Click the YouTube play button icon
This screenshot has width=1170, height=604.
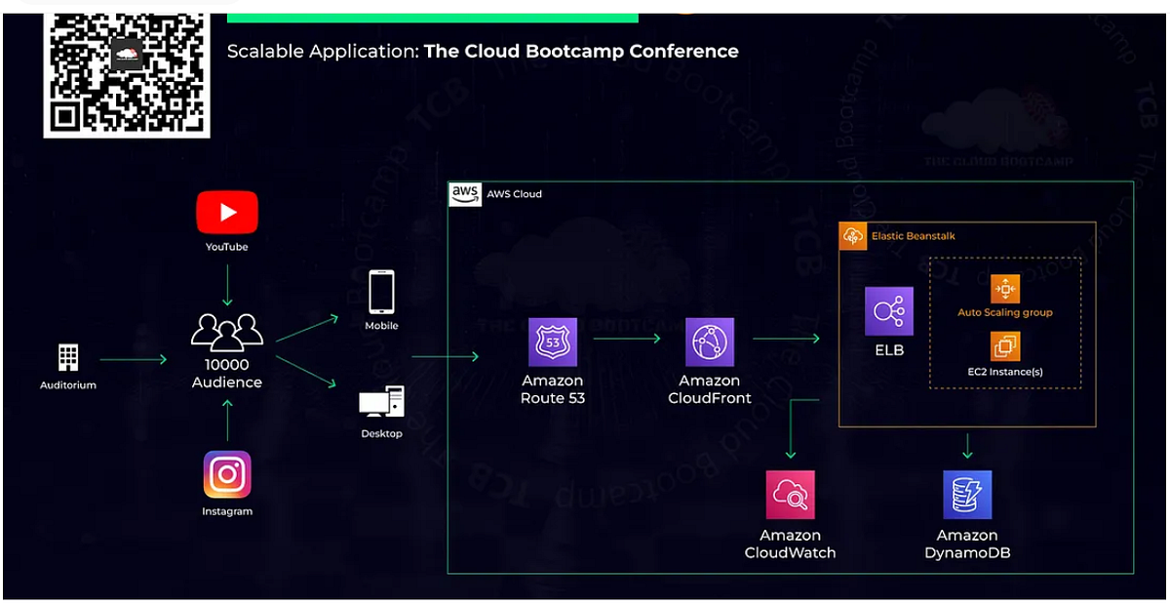[x=227, y=212]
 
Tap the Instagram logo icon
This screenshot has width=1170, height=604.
[x=227, y=475]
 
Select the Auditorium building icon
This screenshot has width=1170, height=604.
[x=68, y=358]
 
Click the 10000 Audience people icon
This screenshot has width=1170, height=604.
[x=226, y=332]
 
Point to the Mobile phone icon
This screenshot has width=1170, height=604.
[x=381, y=292]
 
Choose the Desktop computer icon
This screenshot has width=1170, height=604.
[x=381, y=402]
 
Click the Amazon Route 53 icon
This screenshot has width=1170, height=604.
[x=553, y=342]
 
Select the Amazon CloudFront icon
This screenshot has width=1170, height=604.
[x=710, y=342]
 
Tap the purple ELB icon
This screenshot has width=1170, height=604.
[x=888, y=311]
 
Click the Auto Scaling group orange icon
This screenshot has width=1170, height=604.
[x=1004, y=289]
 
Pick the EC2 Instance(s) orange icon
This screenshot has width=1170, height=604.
[x=1004, y=345]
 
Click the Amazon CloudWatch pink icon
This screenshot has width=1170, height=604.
[x=790, y=495]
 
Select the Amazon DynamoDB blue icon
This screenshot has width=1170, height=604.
[x=967, y=495]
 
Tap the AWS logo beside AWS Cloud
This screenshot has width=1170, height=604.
[x=465, y=193]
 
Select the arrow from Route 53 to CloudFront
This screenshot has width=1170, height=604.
[x=627, y=340]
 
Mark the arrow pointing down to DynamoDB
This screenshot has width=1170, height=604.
[x=967, y=446]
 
